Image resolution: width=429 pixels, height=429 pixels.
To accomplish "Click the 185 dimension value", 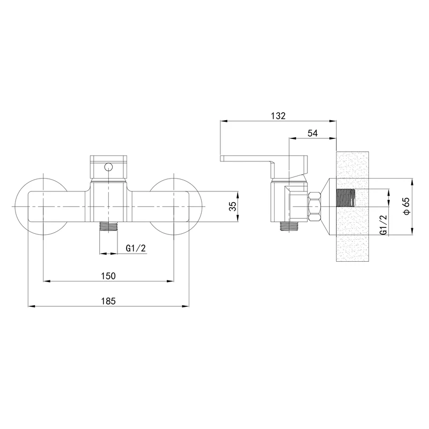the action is pos(109,301).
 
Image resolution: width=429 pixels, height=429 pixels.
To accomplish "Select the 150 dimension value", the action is pos(108,276).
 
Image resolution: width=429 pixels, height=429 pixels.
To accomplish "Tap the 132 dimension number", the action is pos(278,116).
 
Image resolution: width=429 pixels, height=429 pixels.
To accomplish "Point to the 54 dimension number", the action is pos(313,133).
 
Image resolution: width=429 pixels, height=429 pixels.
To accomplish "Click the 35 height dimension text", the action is pos(232,206).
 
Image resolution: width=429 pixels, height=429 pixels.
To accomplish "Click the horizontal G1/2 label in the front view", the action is pos(136,248).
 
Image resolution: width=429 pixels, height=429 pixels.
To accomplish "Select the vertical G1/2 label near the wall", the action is pos(384,225).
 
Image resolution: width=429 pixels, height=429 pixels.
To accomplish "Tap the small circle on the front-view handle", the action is pos(109,167).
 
